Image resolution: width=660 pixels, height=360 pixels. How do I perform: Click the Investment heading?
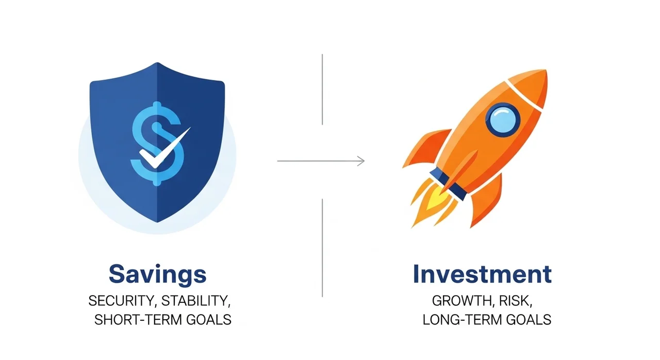(482, 274)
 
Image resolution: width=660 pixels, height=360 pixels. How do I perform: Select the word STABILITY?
(196, 301)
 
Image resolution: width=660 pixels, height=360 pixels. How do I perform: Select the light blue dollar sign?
(157, 143)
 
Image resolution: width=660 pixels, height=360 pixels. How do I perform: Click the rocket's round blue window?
(503, 120)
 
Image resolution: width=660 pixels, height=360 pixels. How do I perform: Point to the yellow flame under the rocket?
(436, 200)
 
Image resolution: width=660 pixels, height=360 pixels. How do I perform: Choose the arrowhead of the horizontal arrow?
(361, 161)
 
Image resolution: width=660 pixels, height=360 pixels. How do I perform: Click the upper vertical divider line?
(322, 89)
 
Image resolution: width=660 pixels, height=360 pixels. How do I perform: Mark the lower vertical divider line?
(322, 248)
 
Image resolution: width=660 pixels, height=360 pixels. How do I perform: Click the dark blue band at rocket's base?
(448, 185)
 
